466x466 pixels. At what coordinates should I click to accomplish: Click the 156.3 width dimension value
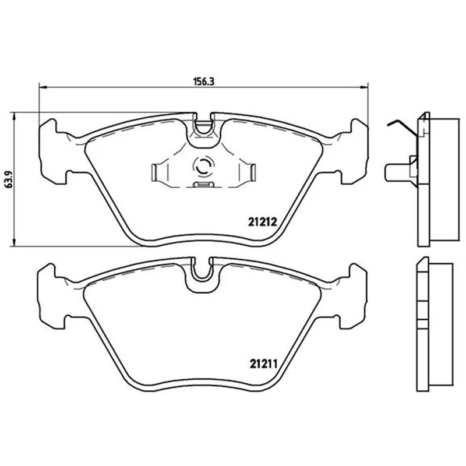point(204,82)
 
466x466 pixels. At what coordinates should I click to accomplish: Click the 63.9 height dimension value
point(9,179)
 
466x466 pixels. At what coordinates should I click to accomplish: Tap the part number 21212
point(263,222)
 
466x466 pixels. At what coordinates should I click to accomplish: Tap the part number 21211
point(263,363)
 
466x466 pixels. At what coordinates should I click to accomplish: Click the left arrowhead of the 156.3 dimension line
point(43,87)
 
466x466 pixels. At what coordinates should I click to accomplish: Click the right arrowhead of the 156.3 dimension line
point(364,87)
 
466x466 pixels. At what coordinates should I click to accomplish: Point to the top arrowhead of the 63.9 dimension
point(13,116)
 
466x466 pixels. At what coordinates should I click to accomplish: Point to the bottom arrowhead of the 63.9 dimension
point(13,242)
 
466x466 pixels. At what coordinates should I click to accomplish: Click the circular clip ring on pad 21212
point(203,165)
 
